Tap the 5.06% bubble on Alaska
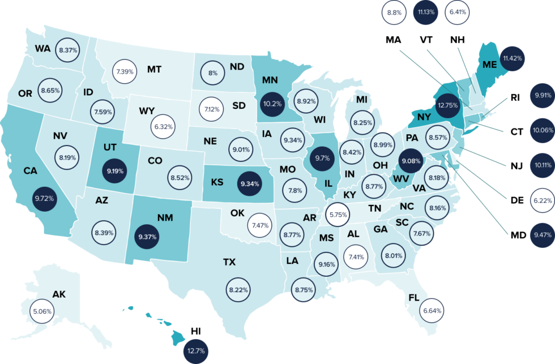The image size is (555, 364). tap(42, 311)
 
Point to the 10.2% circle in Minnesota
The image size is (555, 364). tap(271, 104)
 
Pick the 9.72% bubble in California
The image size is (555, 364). tap(44, 199)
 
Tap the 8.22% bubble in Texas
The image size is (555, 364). tap(238, 289)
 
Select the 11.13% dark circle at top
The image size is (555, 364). tap(425, 12)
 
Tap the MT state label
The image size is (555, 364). tap(154, 70)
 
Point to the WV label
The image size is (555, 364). tap(401, 179)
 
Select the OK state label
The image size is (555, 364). tap(237, 213)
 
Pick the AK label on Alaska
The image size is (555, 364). tap(59, 294)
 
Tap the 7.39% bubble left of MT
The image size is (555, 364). tap(125, 72)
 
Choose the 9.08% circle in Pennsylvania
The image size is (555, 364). tap(411, 161)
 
